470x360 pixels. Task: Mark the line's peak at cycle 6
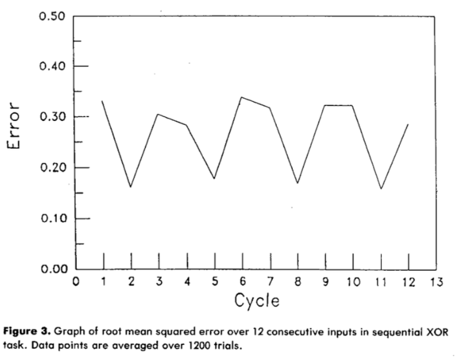pos(242,97)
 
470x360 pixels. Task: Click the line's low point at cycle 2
pos(131,187)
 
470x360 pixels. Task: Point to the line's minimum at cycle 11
pos(381,189)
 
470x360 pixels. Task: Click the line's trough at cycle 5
pos(214,178)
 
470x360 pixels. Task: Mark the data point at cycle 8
pos(298,183)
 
